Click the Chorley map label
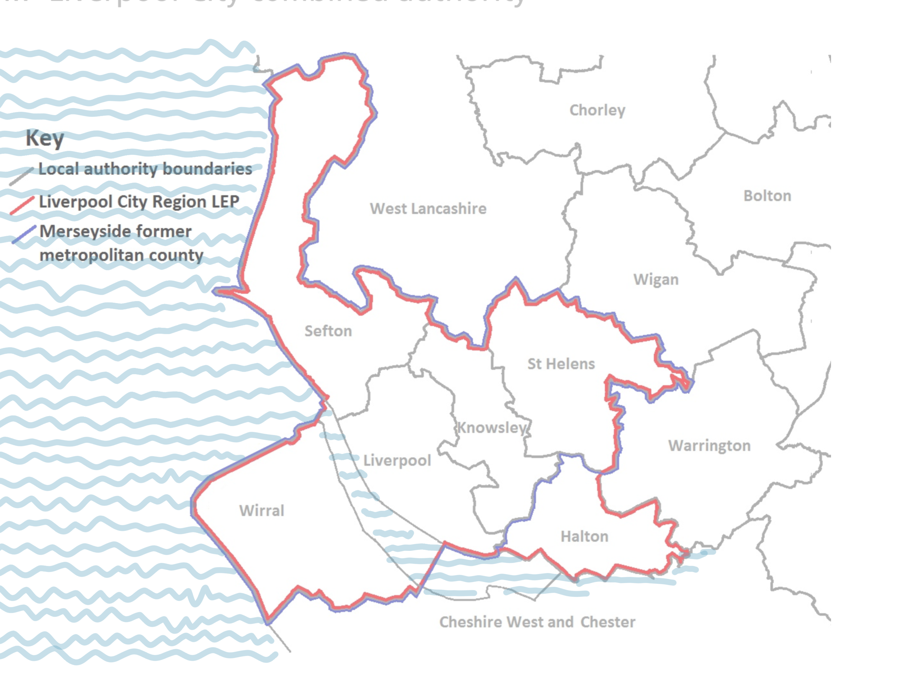tap(597, 110)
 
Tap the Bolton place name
tap(767, 196)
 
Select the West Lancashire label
tap(428, 209)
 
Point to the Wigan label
tap(656, 280)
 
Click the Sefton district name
tap(328, 331)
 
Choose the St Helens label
tap(561, 364)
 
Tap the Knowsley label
tap(492, 427)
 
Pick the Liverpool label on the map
tap(397, 460)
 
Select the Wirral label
tap(262, 511)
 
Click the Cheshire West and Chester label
tap(537, 622)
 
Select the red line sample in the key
tap(22, 206)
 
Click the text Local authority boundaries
tap(145, 169)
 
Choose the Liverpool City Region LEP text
tap(139, 202)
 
